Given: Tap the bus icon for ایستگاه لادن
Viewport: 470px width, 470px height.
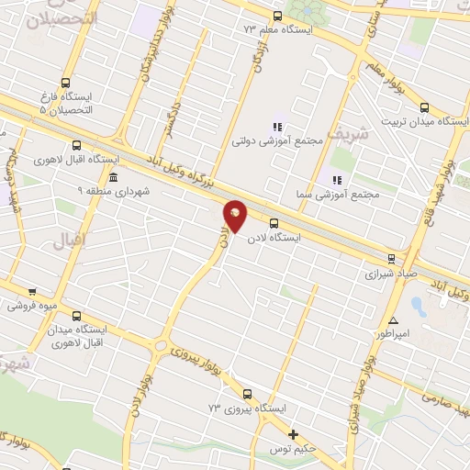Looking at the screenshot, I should point(273,222).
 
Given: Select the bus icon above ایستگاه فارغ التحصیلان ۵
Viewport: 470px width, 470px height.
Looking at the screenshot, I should point(64,81).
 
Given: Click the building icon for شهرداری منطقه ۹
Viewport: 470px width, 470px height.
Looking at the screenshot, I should point(112,177).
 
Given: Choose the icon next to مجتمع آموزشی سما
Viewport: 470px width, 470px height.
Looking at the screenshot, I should point(337,179).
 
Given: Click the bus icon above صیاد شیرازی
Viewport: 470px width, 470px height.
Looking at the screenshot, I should point(392,259).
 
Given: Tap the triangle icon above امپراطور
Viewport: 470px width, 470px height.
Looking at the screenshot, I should point(393,320).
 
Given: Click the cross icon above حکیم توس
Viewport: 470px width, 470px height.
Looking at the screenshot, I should point(294,434).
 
